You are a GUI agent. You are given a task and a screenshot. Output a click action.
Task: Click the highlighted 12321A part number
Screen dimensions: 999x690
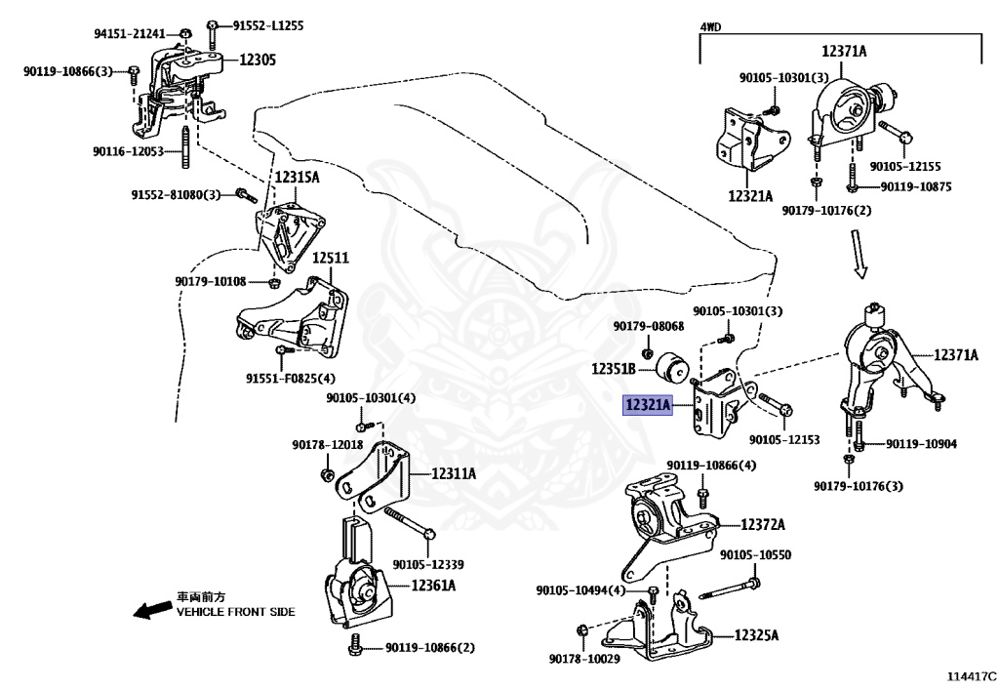pos(648,405)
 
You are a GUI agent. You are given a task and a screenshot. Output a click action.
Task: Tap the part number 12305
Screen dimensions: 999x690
pos(258,60)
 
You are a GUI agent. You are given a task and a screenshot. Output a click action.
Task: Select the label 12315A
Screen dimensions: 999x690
pos(297,177)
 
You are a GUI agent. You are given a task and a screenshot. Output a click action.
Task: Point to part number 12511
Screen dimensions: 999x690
pos(331,258)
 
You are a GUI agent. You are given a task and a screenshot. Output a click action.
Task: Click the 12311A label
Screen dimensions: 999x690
pos(454,473)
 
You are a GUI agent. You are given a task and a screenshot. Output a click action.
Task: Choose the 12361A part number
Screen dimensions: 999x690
pos(433,585)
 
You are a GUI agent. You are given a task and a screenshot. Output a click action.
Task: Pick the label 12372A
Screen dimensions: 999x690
pos(763,524)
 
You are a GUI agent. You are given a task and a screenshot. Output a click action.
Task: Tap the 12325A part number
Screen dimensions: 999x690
pos(756,634)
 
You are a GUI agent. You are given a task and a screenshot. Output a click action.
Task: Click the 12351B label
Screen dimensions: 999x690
pos(614,369)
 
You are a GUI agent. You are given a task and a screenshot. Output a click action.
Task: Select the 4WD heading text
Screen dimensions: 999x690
pos(710,26)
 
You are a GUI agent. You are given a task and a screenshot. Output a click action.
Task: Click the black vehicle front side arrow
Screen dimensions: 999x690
pos(153,610)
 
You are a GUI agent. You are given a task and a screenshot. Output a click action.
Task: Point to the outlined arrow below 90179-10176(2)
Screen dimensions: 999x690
pos(859,254)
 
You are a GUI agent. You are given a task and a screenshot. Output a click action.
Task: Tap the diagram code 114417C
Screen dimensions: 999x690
pos(971,676)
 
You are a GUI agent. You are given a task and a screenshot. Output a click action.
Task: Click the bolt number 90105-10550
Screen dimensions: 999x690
pos(756,555)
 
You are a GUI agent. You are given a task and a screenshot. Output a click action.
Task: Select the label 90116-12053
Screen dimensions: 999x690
pos(128,151)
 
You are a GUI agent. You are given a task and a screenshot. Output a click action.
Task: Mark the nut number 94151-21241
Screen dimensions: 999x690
pos(130,33)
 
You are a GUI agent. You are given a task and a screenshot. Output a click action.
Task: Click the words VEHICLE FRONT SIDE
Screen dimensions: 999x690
pos(236,612)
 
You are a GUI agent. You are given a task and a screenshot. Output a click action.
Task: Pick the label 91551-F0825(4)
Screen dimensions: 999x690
pos(291,379)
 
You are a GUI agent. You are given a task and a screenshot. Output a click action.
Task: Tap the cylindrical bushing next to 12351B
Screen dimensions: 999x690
pos(671,368)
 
